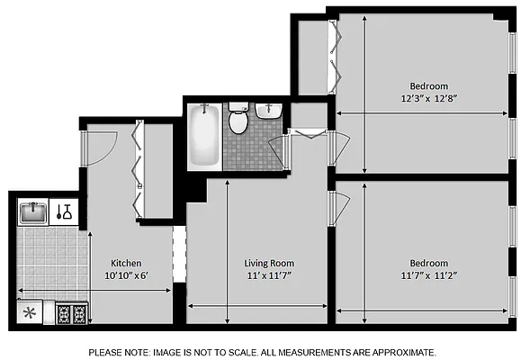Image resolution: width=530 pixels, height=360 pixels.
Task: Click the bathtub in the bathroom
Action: click(204, 136)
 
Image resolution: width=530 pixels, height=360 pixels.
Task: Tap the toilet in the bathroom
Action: click(238, 120)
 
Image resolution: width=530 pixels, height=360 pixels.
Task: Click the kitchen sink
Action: click(33, 212)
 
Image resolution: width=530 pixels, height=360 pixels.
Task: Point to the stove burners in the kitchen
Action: click(71, 314)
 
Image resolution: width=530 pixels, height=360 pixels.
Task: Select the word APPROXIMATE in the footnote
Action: click(400, 352)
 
